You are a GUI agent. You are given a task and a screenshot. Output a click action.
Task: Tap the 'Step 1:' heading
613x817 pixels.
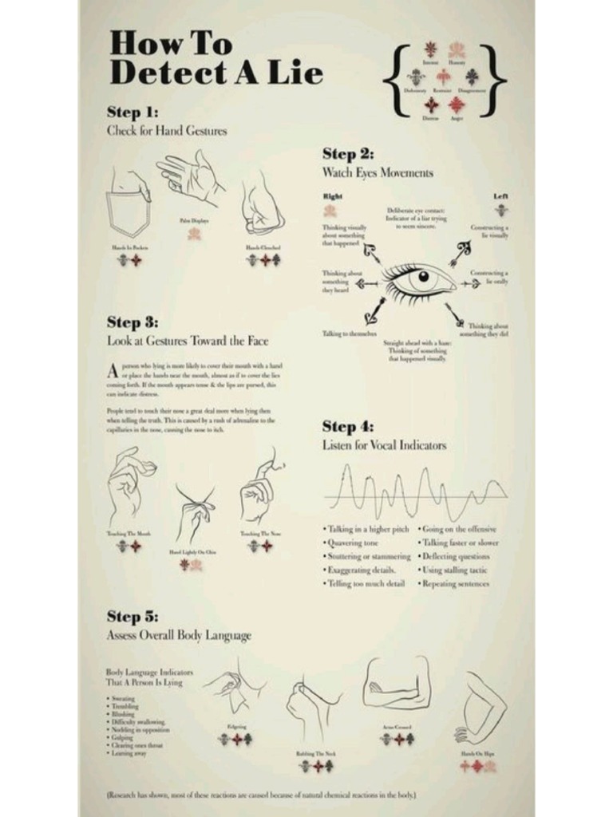point(132,112)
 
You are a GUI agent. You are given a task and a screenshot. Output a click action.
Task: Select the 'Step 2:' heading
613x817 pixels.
point(347,154)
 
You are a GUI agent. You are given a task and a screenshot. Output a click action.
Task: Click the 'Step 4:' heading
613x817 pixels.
point(347,427)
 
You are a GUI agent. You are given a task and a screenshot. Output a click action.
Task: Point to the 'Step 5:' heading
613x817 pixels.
point(132,617)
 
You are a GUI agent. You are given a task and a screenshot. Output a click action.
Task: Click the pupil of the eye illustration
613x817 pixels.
point(423,277)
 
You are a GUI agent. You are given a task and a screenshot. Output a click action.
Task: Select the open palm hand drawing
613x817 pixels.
point(189,177)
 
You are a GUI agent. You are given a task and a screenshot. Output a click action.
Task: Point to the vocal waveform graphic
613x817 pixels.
point(415,492)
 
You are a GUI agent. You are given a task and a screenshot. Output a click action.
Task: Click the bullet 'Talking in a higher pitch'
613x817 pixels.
point(366,529)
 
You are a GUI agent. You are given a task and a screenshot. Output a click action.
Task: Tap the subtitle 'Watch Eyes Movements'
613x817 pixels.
point(378,173)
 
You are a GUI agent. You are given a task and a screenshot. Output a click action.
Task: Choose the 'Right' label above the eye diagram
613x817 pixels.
point(332,195)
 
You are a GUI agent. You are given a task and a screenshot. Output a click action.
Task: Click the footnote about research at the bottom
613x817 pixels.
point(261,795)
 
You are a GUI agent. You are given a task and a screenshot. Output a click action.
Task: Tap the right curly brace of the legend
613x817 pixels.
point(496,80)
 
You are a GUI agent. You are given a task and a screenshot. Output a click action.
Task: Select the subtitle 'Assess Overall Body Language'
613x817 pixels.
point(179,636)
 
